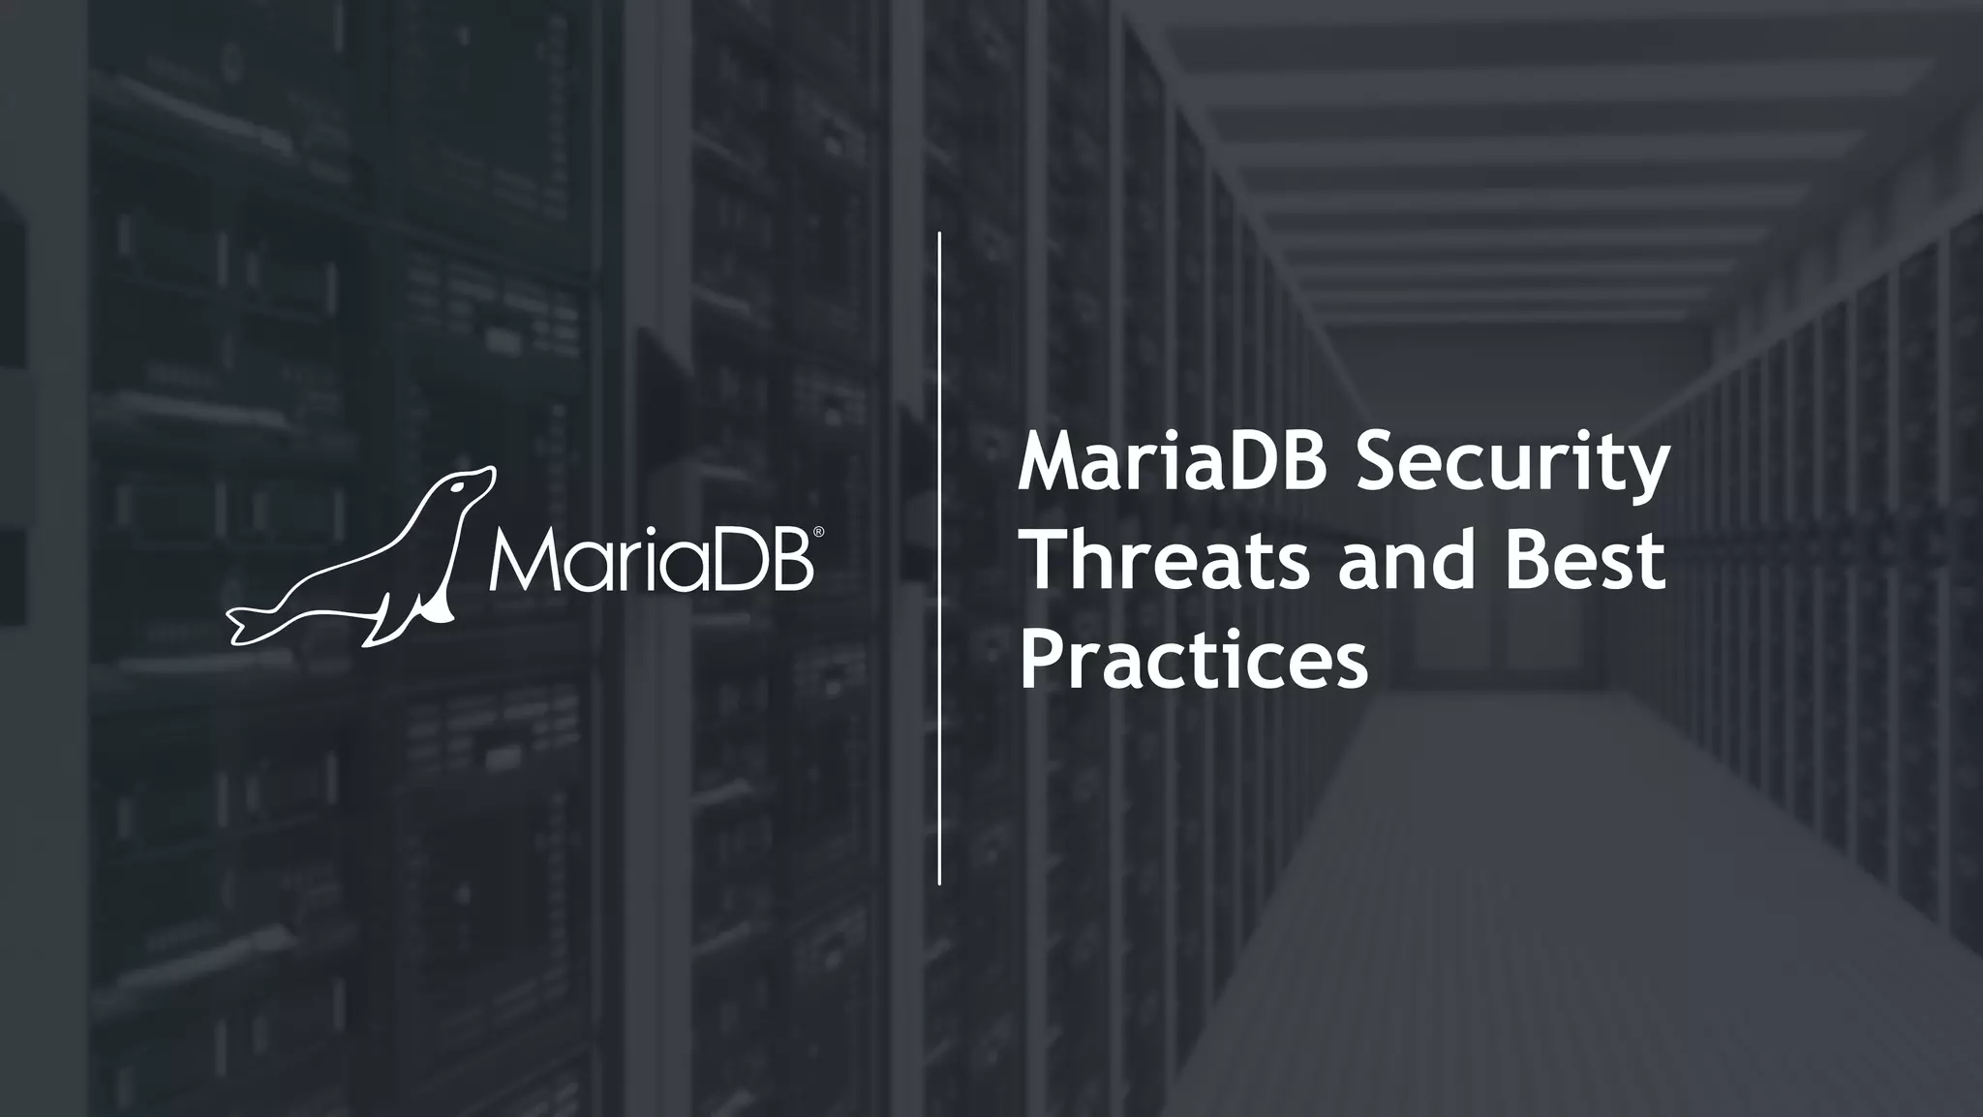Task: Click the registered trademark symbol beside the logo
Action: pos(819,532)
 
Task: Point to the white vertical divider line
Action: pos(939,558)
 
